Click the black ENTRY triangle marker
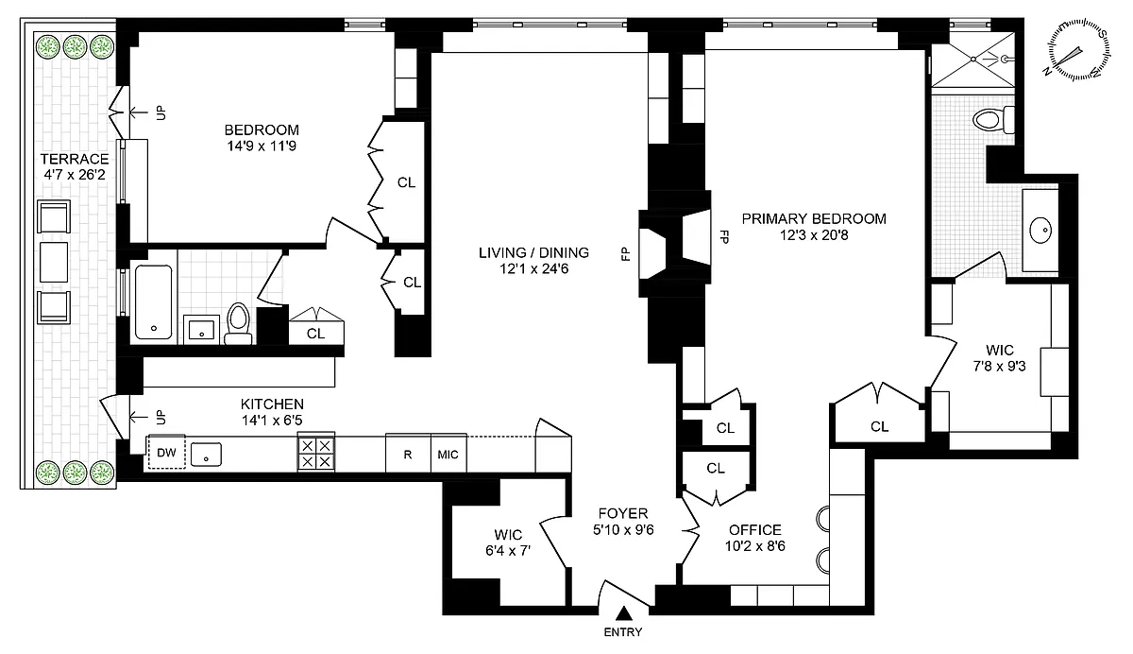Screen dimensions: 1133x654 [624, 613]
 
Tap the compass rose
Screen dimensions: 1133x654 [1078, 49]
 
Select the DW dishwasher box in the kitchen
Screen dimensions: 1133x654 [166, 452]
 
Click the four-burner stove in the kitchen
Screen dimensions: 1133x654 [315, 453]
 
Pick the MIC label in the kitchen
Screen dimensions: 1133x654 [448, 455]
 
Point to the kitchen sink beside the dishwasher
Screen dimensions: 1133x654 [207, 454]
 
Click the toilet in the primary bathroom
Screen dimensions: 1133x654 [993, 120]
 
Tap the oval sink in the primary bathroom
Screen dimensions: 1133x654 [1040, 231]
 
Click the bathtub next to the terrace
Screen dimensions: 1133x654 [154, 302]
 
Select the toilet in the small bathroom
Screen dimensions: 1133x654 [239, 324]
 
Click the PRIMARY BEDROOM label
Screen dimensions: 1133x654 [814, 218]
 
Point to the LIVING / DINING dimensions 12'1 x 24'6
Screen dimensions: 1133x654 [534, 268]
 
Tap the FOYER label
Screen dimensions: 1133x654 [623, 513]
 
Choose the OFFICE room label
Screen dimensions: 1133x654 [755, 530]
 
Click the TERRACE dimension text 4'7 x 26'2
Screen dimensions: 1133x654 [75, 175]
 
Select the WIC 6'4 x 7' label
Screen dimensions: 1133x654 [508, 542]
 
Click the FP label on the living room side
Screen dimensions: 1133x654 [626, 253]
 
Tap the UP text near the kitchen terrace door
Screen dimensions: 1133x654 [161, 417]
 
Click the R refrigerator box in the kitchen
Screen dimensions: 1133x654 [408, 455]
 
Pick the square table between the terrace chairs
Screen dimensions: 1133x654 [54, 262]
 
